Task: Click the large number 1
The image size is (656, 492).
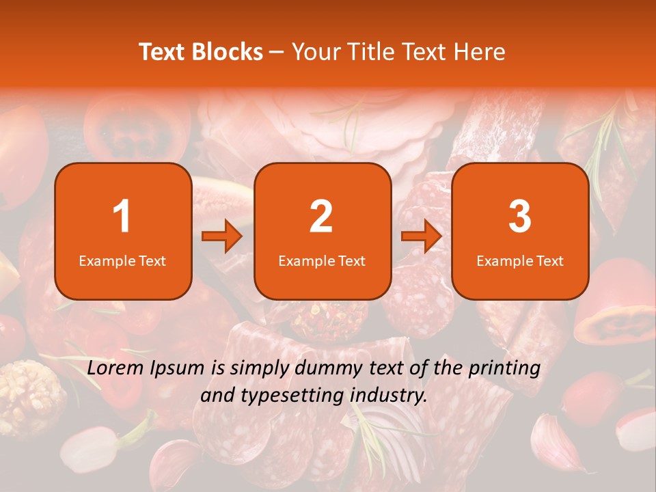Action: [x=122, y=217]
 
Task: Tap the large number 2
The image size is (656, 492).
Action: [x=321, y=217]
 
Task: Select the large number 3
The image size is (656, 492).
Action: [x=520, y=217]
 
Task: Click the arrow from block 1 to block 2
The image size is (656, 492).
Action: [x=222, y=236]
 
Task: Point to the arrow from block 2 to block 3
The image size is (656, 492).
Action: [x=422, y=236]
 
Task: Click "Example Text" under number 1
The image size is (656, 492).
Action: [x=122, y=260]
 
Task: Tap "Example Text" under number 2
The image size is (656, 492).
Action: [x=322, y=260]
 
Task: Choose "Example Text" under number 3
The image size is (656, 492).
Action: [x=520, y=260]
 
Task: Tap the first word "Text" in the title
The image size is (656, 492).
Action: [x=163, y=52]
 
